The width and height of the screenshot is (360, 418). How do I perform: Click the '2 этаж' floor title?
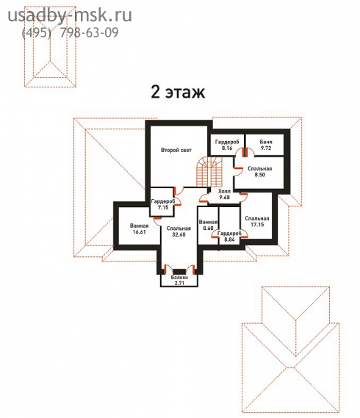[x=178, y=93]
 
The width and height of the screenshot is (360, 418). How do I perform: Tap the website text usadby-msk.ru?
[x=70, y=15]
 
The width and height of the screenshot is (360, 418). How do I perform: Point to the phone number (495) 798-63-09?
[x=70, y=32]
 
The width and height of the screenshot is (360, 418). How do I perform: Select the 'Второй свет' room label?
[x=176, y=150]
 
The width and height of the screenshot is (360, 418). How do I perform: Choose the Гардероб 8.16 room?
[x=227, y=145]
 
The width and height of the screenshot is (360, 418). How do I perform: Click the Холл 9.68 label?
[x=224, y=194]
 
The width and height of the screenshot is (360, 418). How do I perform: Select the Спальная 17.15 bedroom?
[x=257, y=221]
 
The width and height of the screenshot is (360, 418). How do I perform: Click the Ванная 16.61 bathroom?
[x=139, y=228]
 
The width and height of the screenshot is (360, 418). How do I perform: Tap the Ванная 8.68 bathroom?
[x=208, y=225]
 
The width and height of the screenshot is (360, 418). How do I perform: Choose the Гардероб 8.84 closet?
[x=229, y=237]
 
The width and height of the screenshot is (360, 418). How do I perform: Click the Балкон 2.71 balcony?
[x=179, y=280]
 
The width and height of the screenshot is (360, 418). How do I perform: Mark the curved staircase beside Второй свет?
[x=209, y=172]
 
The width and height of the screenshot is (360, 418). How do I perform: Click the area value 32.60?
[x=179, y=234]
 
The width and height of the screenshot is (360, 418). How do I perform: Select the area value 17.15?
[x=257, y=225]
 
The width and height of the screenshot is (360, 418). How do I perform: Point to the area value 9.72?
[x=266, y=148]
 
